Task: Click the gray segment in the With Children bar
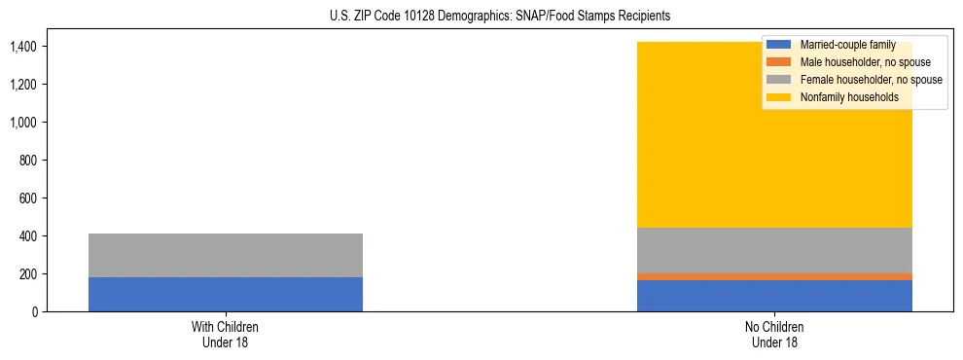tap(226, 255)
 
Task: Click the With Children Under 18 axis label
tap(226, 335)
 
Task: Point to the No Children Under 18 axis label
tap(774, 335)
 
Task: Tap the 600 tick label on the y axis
tap(29, 198)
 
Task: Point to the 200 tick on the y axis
tap(29, 274)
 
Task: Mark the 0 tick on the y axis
tap(35, 312)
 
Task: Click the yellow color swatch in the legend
tap(779, 97)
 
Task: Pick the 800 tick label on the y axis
tap(29, 161)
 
